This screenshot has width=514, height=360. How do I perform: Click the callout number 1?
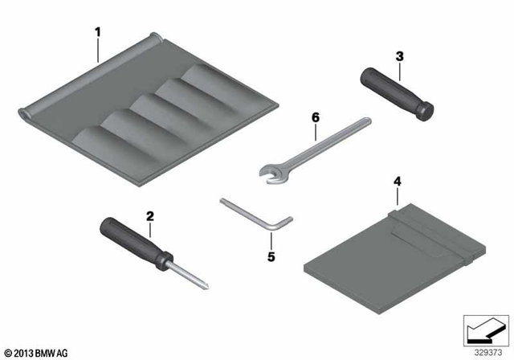click(98, 32)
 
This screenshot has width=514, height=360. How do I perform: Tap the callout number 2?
click(150, 216)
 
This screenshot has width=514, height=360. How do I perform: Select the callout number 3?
click(400, 56)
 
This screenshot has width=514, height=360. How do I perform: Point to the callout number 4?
click(398, 182)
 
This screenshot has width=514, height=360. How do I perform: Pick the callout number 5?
click(271, 256)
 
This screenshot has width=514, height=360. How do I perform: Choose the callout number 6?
click(316, 117)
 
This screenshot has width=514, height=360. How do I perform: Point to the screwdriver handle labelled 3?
click(397, 94)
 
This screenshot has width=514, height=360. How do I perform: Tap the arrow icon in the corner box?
click(485, 331)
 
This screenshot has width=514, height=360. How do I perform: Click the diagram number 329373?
click(488, 353)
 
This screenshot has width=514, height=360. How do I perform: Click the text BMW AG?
click(51, 353)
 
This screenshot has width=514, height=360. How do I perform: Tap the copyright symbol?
click(8, 353)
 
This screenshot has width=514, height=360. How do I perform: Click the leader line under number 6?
click(316, 132)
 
